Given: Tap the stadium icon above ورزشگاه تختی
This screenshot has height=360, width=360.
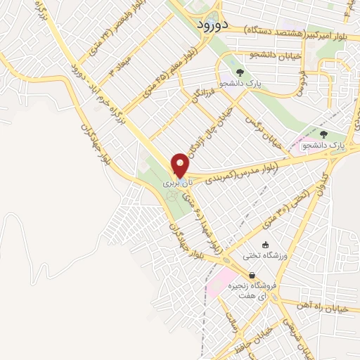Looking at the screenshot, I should point(265,244).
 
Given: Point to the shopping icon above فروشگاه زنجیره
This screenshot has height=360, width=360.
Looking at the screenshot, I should point(252,276).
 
